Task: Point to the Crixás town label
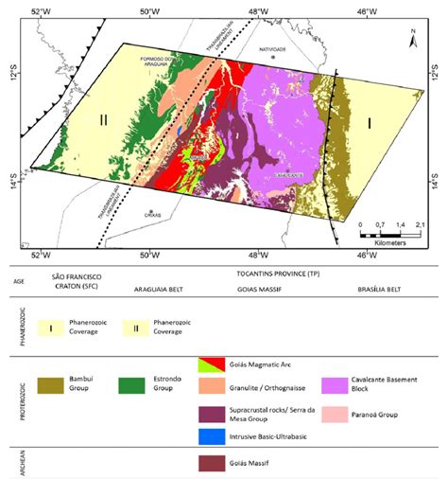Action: [148, 216]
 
